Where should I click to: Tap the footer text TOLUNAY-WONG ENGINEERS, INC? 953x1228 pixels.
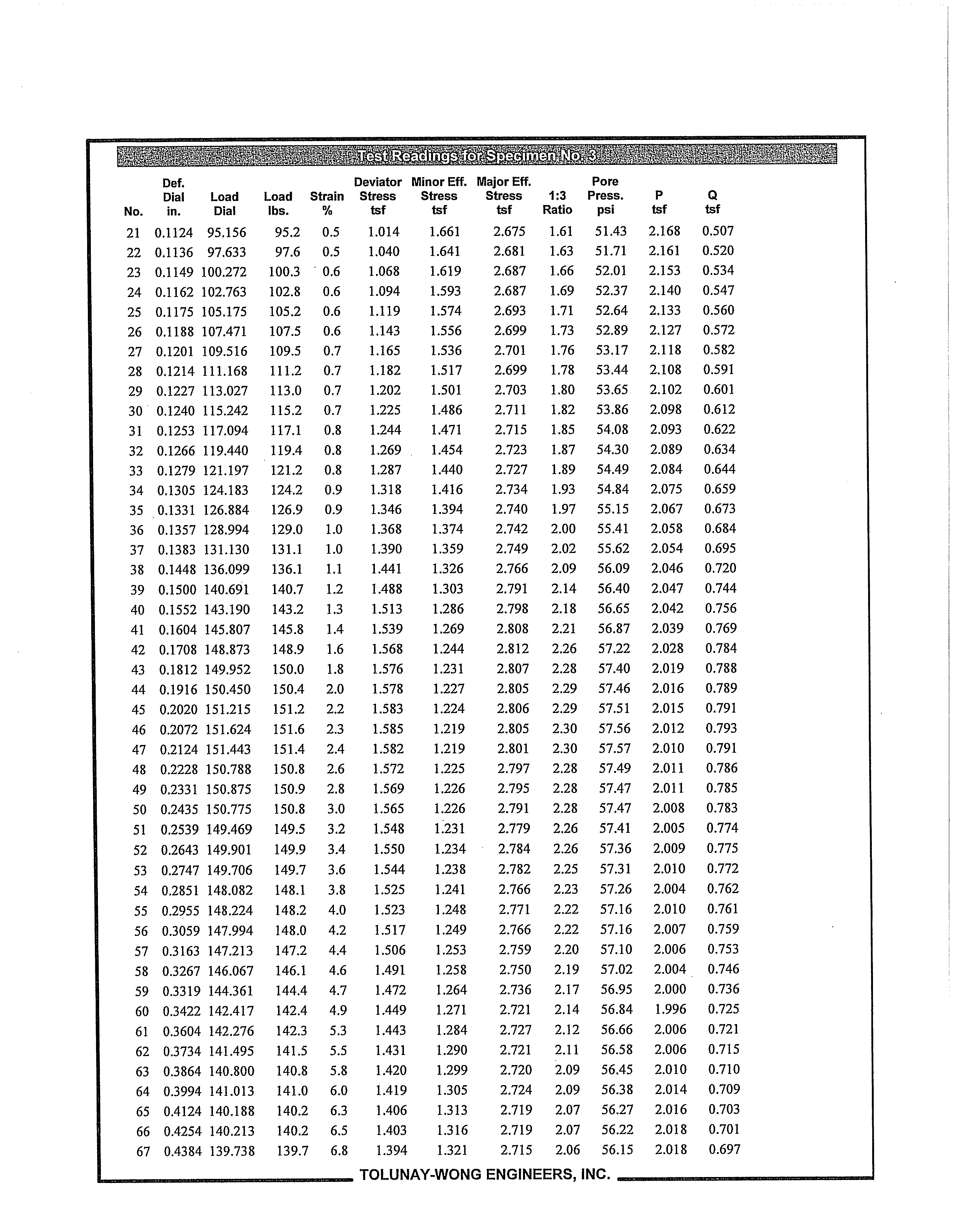(x=484, y=1174)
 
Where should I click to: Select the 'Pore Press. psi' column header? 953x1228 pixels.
(x=605, y=196)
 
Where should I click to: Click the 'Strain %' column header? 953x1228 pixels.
(x=327, y=203)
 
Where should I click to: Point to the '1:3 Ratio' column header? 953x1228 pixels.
(x=557, y=202)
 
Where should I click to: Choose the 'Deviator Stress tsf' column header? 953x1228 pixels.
(x=377, y=196)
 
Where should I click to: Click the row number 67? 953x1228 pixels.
(x=143, y=1152)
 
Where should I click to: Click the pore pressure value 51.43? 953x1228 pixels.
(x=611, y=231)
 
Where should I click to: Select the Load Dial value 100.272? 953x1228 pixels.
(x=224, y=272)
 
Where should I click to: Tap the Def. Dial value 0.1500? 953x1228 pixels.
(x=177, y=590)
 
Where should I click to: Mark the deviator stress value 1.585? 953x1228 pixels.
(x=388, y=729)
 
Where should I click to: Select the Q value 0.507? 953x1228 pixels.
(x=718, y=231)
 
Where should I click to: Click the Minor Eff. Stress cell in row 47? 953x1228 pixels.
(x=449, y=748)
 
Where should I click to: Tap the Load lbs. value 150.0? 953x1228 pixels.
(x=288, y=669)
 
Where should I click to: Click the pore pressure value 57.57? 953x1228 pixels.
(x=615, y=748)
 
